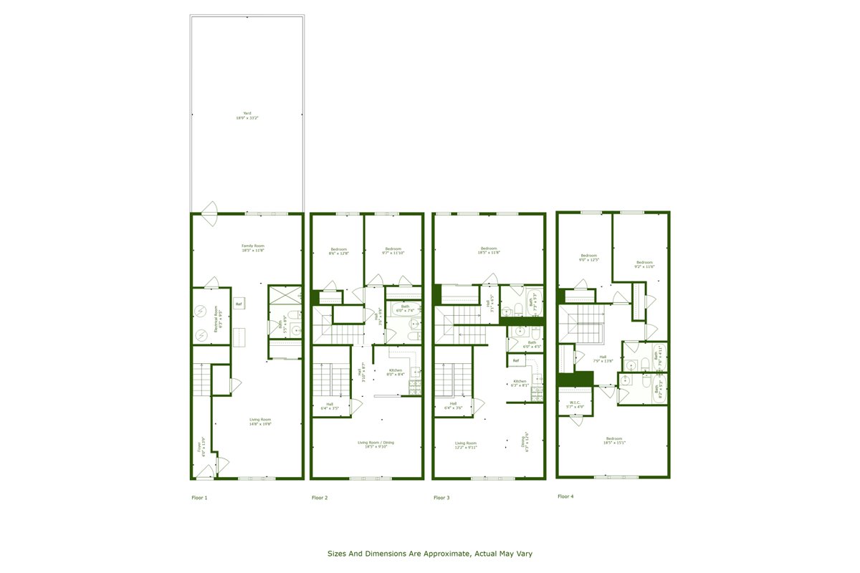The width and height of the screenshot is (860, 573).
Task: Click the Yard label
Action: point(247,113)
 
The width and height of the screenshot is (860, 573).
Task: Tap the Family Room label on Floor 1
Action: point(253,246)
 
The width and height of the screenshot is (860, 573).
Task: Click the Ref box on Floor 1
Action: point(239,304)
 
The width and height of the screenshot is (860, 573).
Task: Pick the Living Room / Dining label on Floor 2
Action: point(376,443)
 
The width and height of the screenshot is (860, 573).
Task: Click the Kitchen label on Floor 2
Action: point(396,370)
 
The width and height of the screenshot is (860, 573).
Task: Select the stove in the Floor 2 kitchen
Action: point(415,387)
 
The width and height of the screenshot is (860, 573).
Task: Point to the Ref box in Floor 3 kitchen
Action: point(515,360)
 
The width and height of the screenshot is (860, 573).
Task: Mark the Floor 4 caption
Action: point(565,496)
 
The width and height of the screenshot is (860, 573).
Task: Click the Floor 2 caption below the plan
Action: point(320,497)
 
